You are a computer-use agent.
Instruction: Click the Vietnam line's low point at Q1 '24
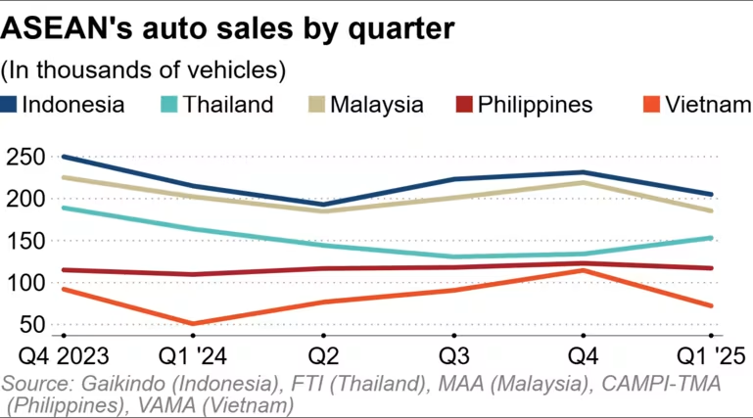[192, 324]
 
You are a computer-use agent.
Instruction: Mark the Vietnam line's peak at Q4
[584, 270]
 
